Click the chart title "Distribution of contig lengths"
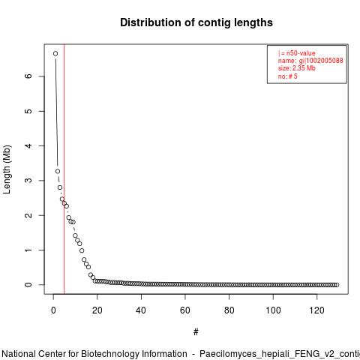[196, 22]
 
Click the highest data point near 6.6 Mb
[55, 53]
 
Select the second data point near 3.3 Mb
[58, 171]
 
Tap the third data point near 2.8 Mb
[60, 187]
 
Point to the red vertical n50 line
[64, 169]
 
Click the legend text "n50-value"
[301, 53]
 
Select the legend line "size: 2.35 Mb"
[297, 68]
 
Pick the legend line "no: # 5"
[288, 76]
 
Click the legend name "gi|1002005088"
[321, 61]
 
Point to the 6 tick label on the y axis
[28, 76]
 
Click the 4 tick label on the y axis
[28, 145]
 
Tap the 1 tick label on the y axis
[28, 250]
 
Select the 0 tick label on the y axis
[28, 285]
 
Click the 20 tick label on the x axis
[97, 310]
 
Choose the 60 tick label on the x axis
[185, 310]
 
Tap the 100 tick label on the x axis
[273, 310]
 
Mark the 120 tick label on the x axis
[316, 310]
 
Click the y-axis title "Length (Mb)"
[7, 169]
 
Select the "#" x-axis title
[196, 332]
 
